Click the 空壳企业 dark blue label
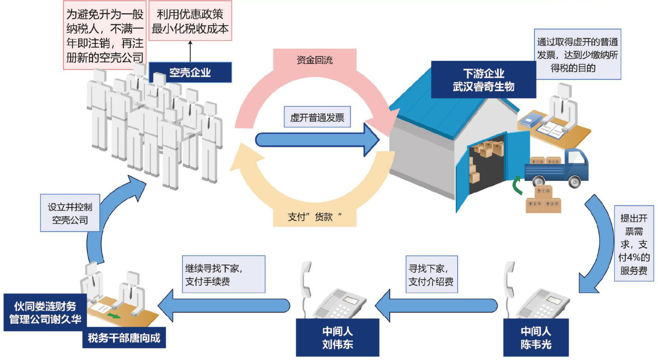pyautogui.click(x=190, y=72)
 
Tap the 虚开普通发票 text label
pyautogui.click(x=317, y=118)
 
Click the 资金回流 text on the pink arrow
pyautogui.click(x=314, y=60)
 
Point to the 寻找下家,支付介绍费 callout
pyautogui.click(x=431, y=275)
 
